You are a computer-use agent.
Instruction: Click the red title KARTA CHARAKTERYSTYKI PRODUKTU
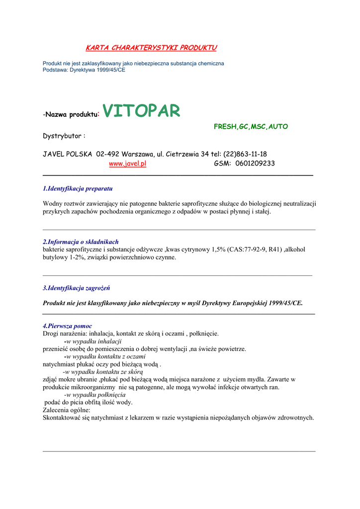click(x=151, y=48)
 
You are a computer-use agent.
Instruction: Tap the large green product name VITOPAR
click(x=141, y=111)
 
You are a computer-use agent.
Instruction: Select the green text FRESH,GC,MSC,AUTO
click(x=251, y=127)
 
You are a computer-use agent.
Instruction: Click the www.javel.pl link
click(x=127, y=164)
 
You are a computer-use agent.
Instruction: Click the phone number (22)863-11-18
click(x=245, y=154)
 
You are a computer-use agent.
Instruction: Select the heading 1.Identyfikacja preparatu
click(x=78, y=189)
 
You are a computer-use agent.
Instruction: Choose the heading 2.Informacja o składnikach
click(x=81, y=242)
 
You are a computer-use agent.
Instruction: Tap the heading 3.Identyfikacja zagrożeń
click(x=77, y=288)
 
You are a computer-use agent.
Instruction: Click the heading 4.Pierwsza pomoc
click(x=67, y=326)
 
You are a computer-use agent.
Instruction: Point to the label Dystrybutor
click(x=64, y=136)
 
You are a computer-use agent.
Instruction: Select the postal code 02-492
click(x=108, y=154)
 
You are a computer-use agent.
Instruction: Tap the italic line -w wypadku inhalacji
click(x=93, y=341)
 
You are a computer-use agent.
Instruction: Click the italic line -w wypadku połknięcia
click(x=95, y=395)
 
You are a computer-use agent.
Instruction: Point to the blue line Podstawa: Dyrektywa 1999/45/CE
click(x=84, y=70)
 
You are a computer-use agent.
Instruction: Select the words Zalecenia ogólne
click(x=67, y=410)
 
